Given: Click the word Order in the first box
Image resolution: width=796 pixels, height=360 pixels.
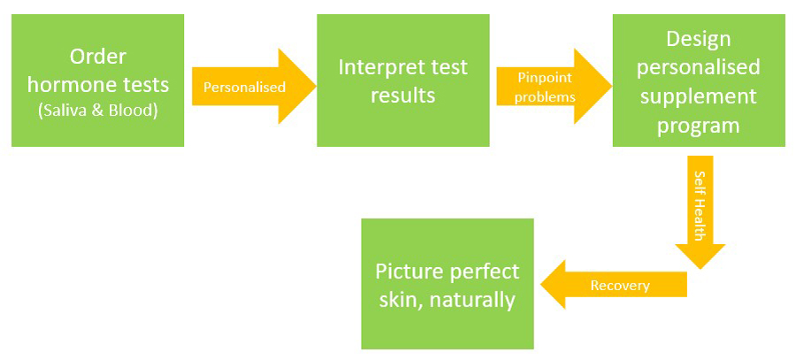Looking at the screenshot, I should pos(97,57).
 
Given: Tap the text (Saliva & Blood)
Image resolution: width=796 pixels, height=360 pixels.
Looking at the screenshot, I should pos(97,110).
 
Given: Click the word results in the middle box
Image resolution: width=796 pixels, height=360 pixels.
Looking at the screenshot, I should pos(402,95).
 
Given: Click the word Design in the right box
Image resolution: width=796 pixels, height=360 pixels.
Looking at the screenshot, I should pos(699,40).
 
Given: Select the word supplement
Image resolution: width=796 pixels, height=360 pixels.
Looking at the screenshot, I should pos(699,96).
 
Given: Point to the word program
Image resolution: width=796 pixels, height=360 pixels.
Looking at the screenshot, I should pos(699,125).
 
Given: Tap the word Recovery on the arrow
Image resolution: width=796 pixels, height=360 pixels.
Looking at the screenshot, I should pos(620,285).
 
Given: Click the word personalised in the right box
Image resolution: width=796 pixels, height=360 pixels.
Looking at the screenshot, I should pos(699,68).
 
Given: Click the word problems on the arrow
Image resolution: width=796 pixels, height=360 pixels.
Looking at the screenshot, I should pos(546,96).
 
